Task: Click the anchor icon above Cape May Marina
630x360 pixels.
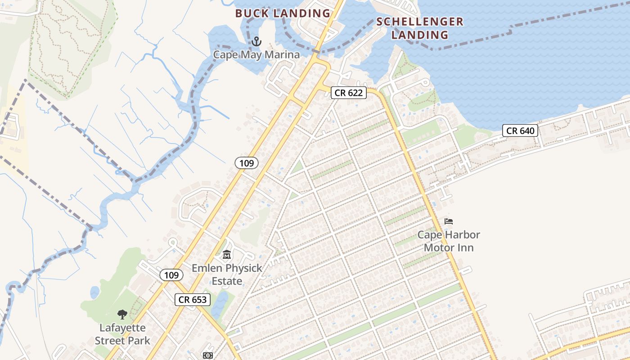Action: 256,42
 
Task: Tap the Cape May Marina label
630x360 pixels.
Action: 256,55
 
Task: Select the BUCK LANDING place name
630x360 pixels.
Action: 283,13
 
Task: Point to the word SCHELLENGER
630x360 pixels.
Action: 419,22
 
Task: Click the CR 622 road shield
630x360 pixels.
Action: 349,93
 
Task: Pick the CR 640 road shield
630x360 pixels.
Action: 520,131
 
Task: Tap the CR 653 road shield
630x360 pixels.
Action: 192,300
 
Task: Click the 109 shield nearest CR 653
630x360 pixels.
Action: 171,275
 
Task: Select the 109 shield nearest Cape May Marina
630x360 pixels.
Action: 247,163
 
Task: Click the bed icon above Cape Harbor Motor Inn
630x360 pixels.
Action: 449,221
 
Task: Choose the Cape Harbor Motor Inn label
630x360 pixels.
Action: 449,241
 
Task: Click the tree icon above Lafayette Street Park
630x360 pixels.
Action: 122,315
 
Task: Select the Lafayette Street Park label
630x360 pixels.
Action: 122,334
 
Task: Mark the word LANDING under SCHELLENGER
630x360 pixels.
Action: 419,35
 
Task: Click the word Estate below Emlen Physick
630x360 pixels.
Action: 227,281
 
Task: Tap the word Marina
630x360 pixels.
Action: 283,55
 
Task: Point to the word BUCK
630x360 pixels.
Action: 252,13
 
